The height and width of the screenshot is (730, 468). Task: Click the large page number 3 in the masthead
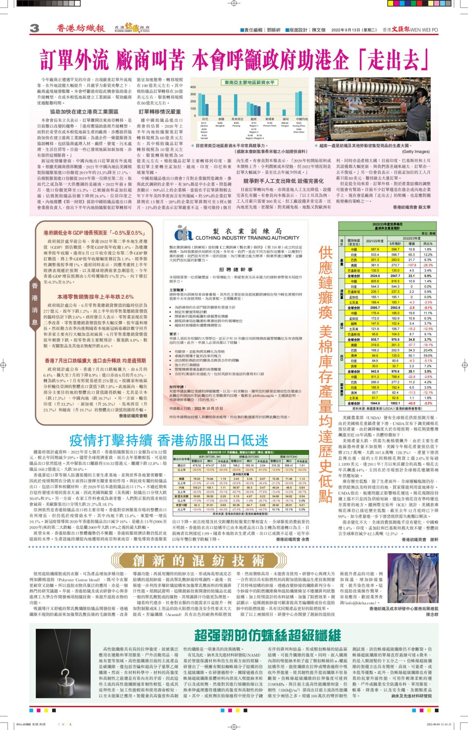[x=34, y=28]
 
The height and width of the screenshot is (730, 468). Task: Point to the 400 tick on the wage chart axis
[x=193, y=87]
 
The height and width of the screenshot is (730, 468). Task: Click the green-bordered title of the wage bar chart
[x=249, y=83]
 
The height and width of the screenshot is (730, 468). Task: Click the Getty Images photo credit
[x=416, y=151]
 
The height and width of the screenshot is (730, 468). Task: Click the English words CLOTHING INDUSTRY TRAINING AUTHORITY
[x=247, y=238]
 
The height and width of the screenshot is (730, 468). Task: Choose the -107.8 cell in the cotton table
[x=412, y=265]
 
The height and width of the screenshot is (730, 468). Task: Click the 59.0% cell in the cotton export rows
[x=428, y=355]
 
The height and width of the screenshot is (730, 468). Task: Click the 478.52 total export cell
[x=197, y=465]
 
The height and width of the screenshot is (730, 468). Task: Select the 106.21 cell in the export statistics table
[x=197, y=487]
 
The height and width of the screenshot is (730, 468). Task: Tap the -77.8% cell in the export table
[x=262, y=492]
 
